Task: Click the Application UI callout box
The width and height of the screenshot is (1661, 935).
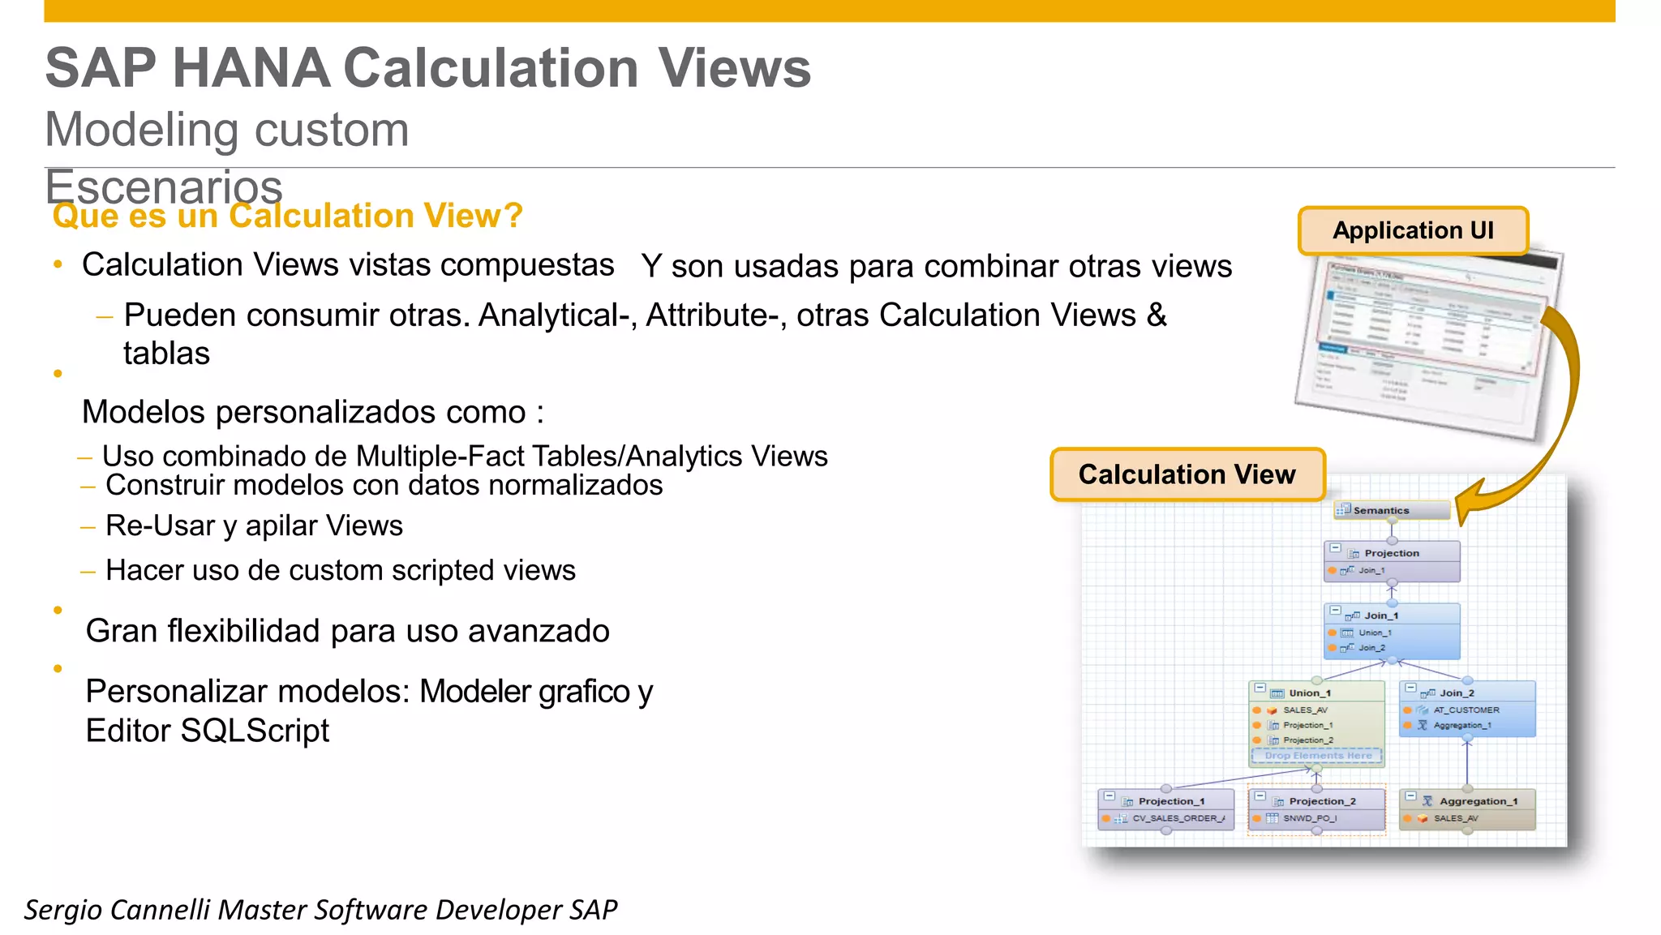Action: tap(1413, 231)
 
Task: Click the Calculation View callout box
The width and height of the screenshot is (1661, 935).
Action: tap(1187, 474)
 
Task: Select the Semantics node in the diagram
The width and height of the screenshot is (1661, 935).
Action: tap(1392, 510)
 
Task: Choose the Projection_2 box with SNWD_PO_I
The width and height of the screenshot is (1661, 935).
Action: tap(1317, 808)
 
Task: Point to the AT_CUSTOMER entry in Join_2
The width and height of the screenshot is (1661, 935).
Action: tap(1466, 710)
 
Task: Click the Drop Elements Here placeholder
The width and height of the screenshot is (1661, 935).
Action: tap(1318, 755)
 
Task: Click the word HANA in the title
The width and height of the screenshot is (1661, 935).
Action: tap(251, 68)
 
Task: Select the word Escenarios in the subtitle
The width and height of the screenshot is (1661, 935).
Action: tap(164, 187)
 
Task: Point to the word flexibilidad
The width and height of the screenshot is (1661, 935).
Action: tap(243, 631)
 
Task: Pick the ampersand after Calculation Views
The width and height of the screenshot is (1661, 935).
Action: tap(1157, 315)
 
